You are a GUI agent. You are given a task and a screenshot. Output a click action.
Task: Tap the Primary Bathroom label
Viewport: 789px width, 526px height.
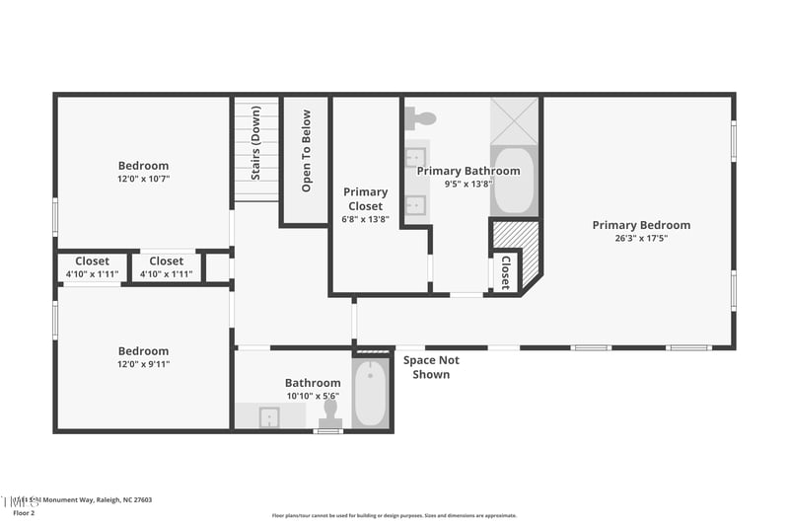(x=467, y=171)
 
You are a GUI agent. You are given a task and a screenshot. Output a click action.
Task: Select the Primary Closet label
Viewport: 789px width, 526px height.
(x=365, y=199)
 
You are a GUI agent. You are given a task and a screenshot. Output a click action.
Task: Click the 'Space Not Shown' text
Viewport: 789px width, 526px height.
(x=431, y=367)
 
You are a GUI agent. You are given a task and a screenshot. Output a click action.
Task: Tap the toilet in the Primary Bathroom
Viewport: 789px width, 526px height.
(x=423, y=118)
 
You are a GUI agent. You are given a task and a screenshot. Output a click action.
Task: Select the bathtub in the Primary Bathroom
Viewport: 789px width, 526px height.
(x=514, y=181)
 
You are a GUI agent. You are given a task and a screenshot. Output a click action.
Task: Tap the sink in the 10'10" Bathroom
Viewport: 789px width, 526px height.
(x=269, y=416)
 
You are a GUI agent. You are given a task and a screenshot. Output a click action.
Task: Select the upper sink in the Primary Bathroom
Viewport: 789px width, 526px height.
(x=416, y=157)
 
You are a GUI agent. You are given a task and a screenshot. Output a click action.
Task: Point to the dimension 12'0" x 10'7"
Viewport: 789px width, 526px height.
(x=143, y=179)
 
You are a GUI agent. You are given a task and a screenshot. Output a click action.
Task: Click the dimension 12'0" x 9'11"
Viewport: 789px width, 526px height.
(x=143, y=364)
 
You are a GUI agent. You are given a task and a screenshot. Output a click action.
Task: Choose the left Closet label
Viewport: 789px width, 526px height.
(x=92, y=262)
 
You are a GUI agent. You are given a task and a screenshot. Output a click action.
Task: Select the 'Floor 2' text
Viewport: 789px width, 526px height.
(x=24, y=513)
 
